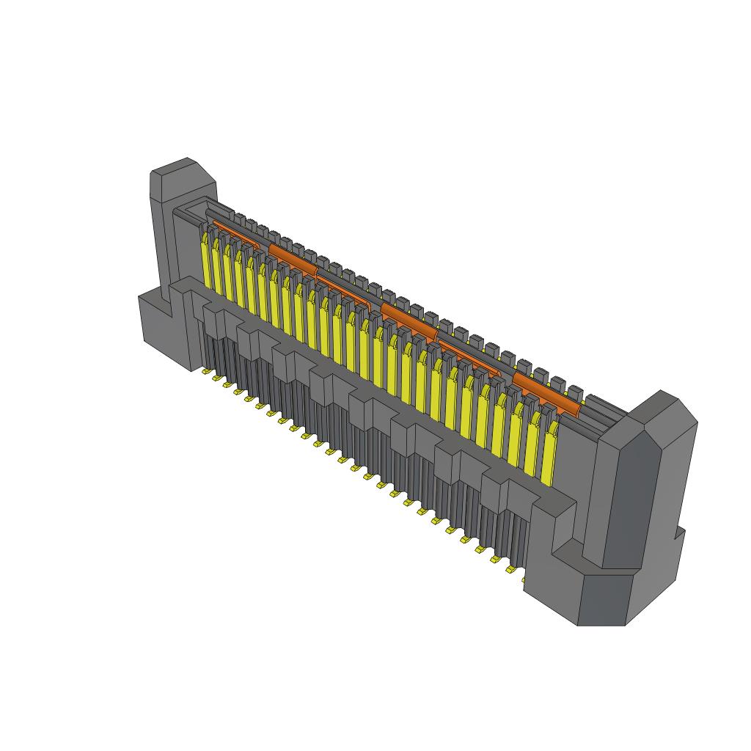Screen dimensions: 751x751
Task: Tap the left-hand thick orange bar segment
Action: pyautogui.click(x=292, y=257)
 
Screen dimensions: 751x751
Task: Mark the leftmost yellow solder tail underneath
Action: pyautogui.click(x=206, y=372)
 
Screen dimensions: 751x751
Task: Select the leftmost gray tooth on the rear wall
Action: pyautogui.click(x=239, y=219)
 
